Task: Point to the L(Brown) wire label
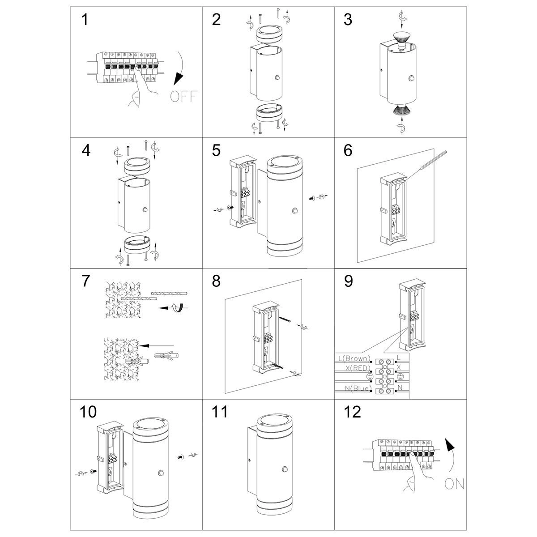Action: point(354,358)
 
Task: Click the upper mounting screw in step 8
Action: point(287,320)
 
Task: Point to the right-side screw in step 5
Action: point(311,197)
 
